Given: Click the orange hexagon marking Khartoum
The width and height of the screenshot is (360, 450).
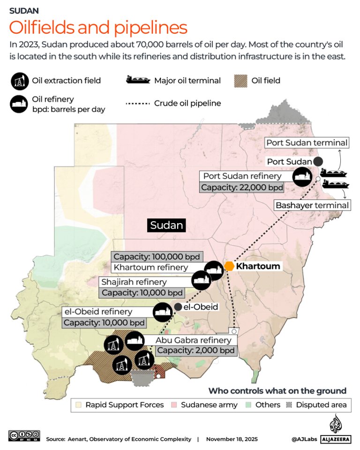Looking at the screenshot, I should point(229,266).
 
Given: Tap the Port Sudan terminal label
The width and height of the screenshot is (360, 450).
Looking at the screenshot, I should point(307,142).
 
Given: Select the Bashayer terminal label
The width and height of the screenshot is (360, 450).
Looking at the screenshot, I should point(312,205).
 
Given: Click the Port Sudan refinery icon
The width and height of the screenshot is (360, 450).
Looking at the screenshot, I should point(302,177).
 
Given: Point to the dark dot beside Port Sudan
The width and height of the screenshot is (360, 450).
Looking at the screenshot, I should point(318,161).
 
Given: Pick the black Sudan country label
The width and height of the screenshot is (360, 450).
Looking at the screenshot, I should point(166,225).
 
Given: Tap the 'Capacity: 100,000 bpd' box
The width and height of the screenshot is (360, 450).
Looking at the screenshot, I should point(157,257).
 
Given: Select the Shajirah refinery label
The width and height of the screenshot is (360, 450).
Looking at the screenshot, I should point(134,282).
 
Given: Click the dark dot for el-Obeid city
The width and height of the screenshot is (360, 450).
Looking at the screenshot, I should point(178,307).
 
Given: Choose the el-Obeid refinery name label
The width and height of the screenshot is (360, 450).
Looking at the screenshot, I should point(97,312).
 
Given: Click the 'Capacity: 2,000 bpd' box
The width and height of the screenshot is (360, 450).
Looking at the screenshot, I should point(195,351).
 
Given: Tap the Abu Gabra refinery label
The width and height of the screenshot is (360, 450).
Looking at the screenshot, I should point(194,340).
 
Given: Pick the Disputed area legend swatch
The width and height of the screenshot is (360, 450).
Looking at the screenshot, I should point(289,405).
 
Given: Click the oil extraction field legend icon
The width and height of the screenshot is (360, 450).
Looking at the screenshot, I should point(19,81).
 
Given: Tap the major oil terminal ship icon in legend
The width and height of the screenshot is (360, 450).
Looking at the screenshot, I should point(138,80).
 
